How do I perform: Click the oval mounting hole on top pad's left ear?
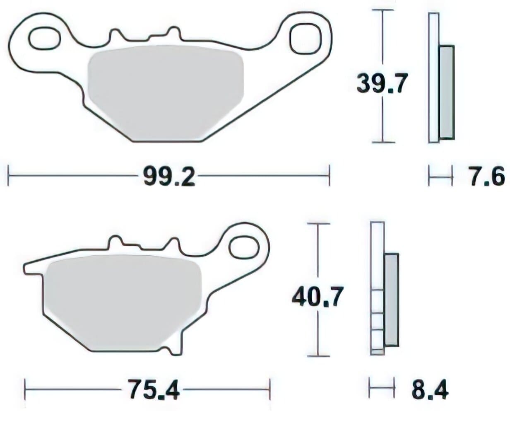point(44,38)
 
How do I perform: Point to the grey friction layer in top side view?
point(446,92)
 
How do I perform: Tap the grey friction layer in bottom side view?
point(391,300)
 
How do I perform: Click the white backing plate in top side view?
point(433,79)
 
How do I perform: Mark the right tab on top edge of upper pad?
point(173,33)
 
